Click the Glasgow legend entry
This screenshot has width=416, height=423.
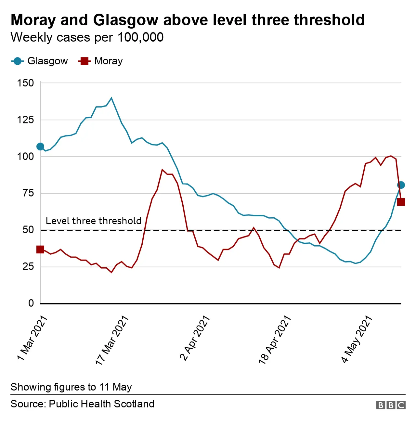click(40, 61)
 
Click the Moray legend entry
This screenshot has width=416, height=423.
click(101, 61)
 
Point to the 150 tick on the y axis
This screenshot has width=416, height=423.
click(25, 83)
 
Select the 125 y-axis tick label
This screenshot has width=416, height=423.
click(25, 120)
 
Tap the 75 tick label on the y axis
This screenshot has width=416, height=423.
click(28, 193)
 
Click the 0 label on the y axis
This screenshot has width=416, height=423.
click(31, 303)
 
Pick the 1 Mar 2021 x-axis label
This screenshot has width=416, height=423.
click(32, 338)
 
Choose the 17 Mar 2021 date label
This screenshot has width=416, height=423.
click(112, 340)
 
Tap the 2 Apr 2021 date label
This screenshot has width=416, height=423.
click(195, 338)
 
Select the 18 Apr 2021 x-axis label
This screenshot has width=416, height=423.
click(275, 340)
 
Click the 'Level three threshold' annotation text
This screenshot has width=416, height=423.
click(93, 221)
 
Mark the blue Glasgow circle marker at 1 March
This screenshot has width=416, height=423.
click(40, 147)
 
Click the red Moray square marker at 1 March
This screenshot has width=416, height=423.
click(40, 250)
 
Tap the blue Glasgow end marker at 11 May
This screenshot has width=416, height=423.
click(401, 185)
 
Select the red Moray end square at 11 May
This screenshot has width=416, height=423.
click(401, 202)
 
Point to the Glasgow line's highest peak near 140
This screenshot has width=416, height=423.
click(111, 98)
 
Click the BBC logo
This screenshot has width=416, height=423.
click(391, 405)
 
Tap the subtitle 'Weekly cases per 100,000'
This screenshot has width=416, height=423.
click(87, 37)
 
